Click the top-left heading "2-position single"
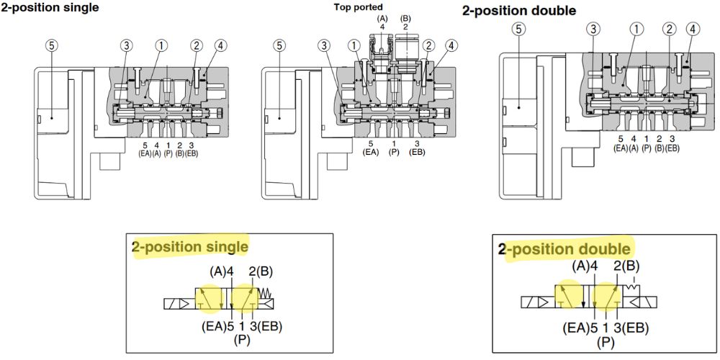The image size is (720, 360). click(50, 8)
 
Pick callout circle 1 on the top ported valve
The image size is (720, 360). click(354, 45)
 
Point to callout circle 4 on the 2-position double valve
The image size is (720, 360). click(692, 30)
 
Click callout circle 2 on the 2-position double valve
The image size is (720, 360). click(670, 30)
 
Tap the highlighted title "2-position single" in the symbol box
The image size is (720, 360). click(190, 247)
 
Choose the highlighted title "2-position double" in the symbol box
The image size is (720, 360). click(564, 249)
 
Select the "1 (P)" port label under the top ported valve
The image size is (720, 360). click(394, 148)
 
